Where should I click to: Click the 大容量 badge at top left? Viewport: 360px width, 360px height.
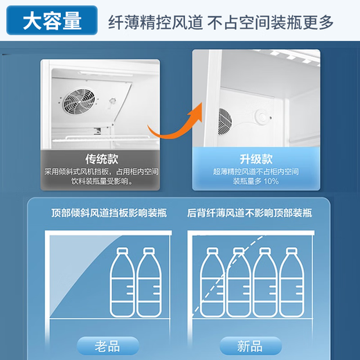click(51, 21)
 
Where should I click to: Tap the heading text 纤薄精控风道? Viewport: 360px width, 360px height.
click(156, 22)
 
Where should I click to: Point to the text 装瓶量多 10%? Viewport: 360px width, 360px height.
click(255, 181)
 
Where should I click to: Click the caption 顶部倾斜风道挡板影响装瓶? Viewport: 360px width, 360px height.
click(103, 213)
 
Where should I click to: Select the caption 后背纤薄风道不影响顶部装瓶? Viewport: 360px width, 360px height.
click(249, 213)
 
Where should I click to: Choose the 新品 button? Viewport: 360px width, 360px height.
click(251, 343)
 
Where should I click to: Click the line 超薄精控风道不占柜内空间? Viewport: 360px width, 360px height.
click(255, 171)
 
